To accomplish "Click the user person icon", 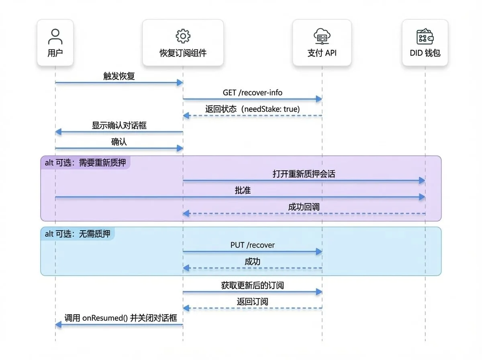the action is [x=55, y=37].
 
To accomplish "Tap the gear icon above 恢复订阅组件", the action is [x=183, y=36].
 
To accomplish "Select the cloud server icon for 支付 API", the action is [x=322, y=36].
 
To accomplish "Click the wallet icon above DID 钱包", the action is [x=425, y=36].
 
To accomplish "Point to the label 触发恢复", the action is [x=119, y=76].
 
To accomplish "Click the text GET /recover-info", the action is [x=253, y=93].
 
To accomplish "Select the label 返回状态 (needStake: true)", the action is [x=253, y=109].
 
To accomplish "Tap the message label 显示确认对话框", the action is [x=119, y=125].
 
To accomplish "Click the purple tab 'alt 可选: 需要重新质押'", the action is [x=86, y=163].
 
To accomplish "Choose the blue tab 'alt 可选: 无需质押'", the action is [x=78, y=234].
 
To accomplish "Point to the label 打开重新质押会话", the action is [x=304, y=174].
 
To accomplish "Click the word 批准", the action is [x=243, y=190].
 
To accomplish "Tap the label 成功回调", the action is [x=304, y=207].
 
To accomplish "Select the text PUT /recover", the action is [x=253, y=245].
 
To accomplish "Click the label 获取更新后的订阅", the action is [x=253, y=285].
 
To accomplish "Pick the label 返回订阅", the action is [x=253, y=302].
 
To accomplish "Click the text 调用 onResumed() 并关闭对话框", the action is [x=120, y=318].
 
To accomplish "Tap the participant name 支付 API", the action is [x=322, y=53].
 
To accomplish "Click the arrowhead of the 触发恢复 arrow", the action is [x=180, y=83].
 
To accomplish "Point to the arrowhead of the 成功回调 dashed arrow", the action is [x=186, y=213].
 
